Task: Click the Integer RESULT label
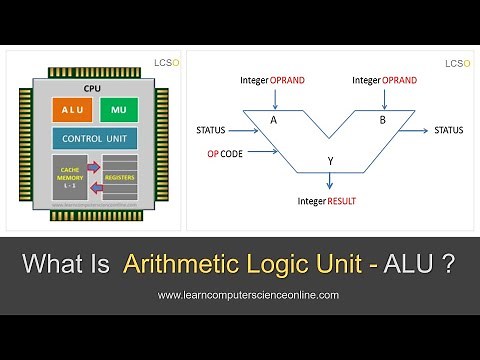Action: pyautogui.click(x=328, y=201)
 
